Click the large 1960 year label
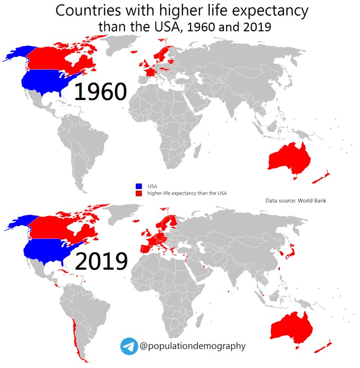coord(100,92)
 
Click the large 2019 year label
coord(101,261)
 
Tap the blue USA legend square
coord(138,186)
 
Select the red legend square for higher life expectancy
coord(138,194)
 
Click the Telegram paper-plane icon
coord(129,346)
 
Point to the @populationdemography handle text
coord(192,346)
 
